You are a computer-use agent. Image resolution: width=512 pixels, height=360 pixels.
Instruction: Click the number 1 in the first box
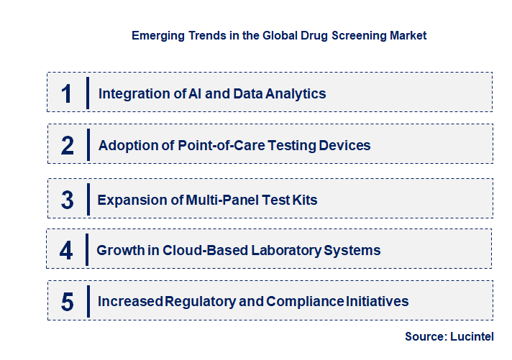pyautogui.click(x=67, y=93)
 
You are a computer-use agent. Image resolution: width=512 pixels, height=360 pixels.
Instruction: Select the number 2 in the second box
pyautogui.click(x=67, y=146)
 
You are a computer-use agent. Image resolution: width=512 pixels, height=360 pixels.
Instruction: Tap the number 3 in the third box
pyautogui.click(x=67, y=200)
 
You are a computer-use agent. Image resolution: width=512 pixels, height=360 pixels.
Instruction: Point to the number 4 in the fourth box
pyautogui.click(x=66, y=251)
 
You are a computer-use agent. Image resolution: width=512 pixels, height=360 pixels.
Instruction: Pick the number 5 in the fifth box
pyautogui.click(x=67, y=302)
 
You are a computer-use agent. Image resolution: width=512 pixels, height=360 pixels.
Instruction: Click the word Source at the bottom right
pyautogui.click(x=424, y=336)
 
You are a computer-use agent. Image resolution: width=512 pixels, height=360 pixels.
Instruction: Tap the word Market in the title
pyautogui.click(x=407, y=35)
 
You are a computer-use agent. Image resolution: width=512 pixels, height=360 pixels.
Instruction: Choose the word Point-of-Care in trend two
pyautogui.click(x=219, y=146)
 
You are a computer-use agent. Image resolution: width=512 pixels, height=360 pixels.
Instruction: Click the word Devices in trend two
pyautogui.click(x=345, y=146)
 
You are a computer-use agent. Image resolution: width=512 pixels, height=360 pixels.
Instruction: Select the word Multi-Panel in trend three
pyautogui.click(x=221, y=200)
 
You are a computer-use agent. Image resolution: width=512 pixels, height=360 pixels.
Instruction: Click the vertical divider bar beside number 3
pyautogui.click(x=87, y=199)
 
